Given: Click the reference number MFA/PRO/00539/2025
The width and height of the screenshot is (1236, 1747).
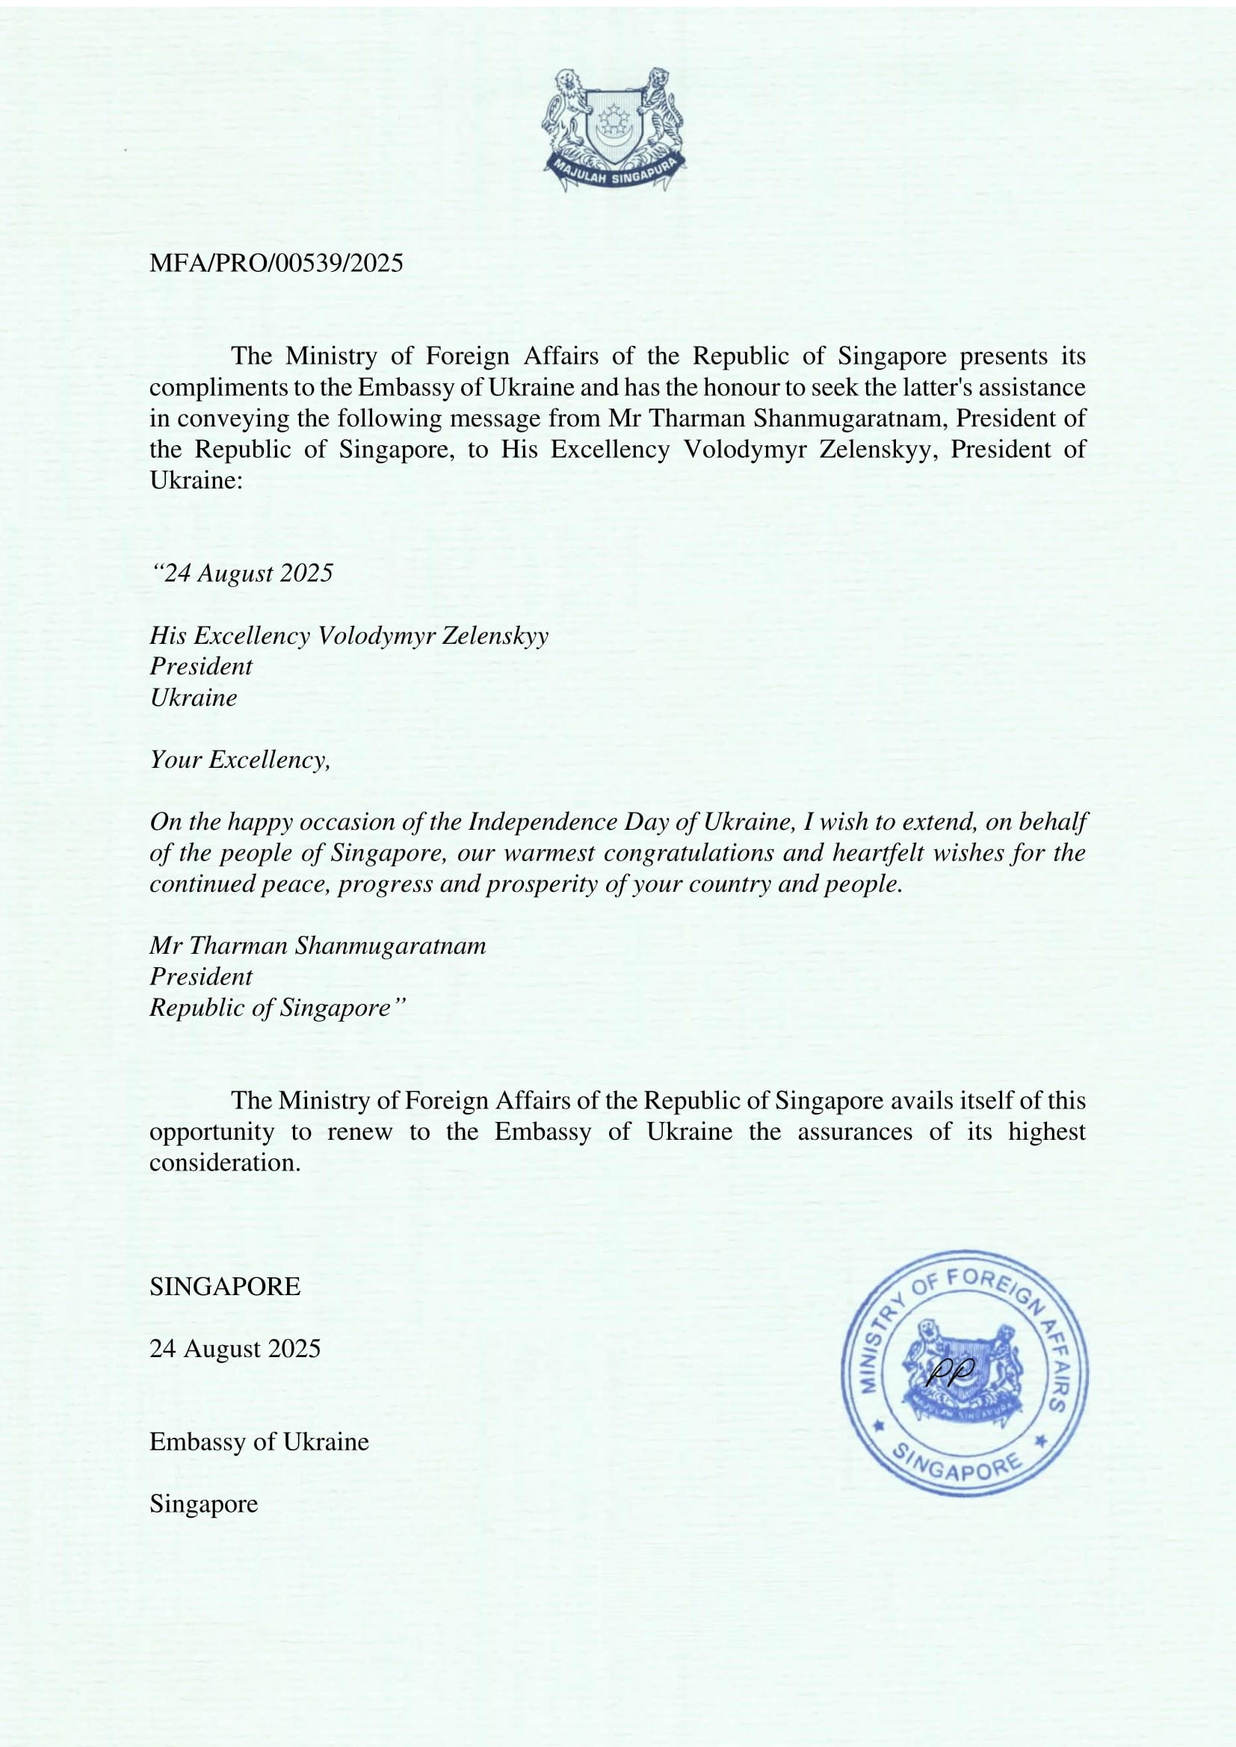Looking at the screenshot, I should pos(276,263).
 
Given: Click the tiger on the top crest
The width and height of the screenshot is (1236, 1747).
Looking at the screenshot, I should pos(660,107).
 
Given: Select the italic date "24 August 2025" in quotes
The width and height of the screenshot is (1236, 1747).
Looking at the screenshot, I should pos(242,573).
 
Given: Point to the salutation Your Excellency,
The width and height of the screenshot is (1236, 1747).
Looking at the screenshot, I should pos(240,760).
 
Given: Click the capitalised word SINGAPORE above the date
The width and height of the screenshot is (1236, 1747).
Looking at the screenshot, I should pos(224,1286).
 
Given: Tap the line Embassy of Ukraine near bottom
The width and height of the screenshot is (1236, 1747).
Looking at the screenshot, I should pos(259,1441).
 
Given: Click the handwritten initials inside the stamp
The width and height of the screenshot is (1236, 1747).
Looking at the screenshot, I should pos(951,1370).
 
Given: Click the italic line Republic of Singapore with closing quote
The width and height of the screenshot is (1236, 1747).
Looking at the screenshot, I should pos(278,1008).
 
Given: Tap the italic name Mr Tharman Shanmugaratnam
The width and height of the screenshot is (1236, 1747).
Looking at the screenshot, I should pos(318,946).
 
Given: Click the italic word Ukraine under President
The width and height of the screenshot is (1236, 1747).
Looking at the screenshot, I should pos(194,698).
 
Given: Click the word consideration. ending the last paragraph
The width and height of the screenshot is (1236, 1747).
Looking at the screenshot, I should pos(224,1163).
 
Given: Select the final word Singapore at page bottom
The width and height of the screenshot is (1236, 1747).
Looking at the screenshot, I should pos(203,1504).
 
